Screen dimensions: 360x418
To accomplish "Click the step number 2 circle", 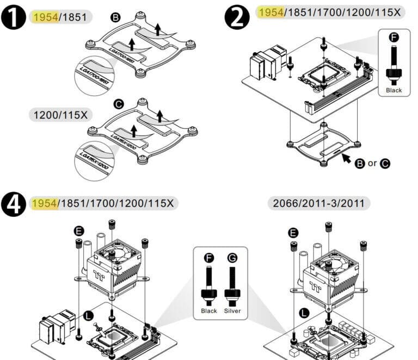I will tap(238, 17).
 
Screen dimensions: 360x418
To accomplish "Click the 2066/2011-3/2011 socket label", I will tap(319, 203).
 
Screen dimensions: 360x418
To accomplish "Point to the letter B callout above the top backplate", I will tap(115, 17).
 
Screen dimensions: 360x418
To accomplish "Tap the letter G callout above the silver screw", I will tap(232, 257).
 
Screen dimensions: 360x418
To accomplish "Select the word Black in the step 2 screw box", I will tap(394, 90).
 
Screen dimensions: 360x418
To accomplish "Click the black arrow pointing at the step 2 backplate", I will tap(345, 159).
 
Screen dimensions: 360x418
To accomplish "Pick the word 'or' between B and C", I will tap(372, 163).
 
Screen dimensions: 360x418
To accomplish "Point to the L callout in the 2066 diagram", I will tap(303, 313).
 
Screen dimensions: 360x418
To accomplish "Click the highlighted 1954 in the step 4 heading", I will tap(45, 203).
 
